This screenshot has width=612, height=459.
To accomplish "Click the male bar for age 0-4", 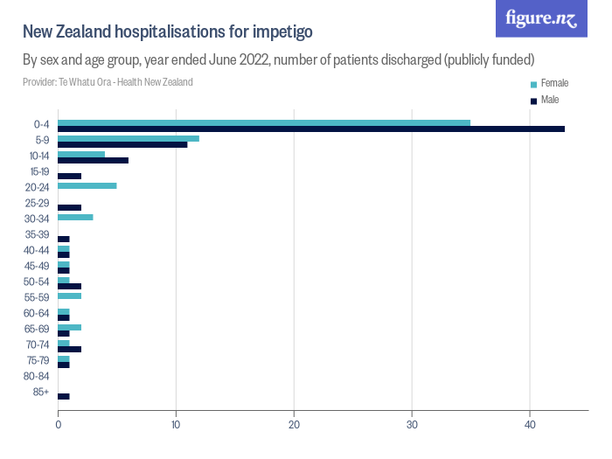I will click(310, 129).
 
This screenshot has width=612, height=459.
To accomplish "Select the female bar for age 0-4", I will click(263, 122).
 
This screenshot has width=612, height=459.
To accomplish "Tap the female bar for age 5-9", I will click(128, 138).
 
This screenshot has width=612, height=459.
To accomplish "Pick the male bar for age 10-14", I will click(93, 160).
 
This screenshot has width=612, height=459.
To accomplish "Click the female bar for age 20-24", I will click(87, 185).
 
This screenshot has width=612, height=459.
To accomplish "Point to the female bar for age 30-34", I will click(75, 217).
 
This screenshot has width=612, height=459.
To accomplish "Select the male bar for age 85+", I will click(63, 396).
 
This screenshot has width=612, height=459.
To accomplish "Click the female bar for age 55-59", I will click(69, 296).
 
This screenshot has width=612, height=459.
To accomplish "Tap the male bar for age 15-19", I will click(69, 176).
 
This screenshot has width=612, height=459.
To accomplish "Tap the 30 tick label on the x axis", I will click(412, 424).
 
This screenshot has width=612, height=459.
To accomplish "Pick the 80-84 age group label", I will click(37, 376).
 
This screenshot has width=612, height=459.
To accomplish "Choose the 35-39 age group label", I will click(37, 234).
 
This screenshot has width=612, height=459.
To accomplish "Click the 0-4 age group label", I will click(40, 124).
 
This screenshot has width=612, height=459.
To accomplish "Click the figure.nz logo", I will click(541, 18).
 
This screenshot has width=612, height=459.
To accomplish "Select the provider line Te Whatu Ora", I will click(108, 82).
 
